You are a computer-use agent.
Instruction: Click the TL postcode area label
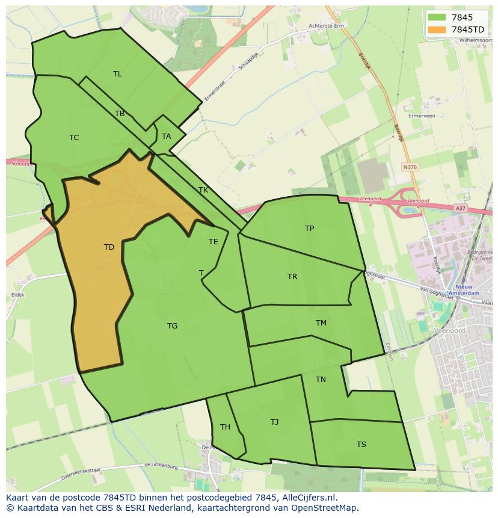[x=117, y=74]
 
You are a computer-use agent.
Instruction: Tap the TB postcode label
[x=120, y=114]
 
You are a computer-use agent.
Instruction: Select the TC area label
[x=74, y=138]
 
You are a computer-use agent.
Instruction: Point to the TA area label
[x=167, y=137]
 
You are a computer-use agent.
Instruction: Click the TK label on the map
[x=203, y=190]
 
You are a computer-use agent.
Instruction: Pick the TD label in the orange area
[x=109, y=247]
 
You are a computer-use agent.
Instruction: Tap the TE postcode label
[x=214, y=242]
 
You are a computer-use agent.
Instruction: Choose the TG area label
[x=172, y=326]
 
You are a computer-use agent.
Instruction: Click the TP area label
[x=309, y=229]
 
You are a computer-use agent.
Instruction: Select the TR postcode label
[x=292, y=277]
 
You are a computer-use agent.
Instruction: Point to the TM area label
[x=321, y=323]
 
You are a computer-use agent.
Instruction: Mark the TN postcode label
[x=321, y=380]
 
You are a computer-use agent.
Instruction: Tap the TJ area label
[x=274, y=422]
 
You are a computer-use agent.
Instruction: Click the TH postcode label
[x=225, y=428]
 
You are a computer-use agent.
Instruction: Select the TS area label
[x=361, y=445]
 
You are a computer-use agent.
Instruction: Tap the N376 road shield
[x=410, y=167]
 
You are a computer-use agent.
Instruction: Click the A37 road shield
[x=461, y=208]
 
